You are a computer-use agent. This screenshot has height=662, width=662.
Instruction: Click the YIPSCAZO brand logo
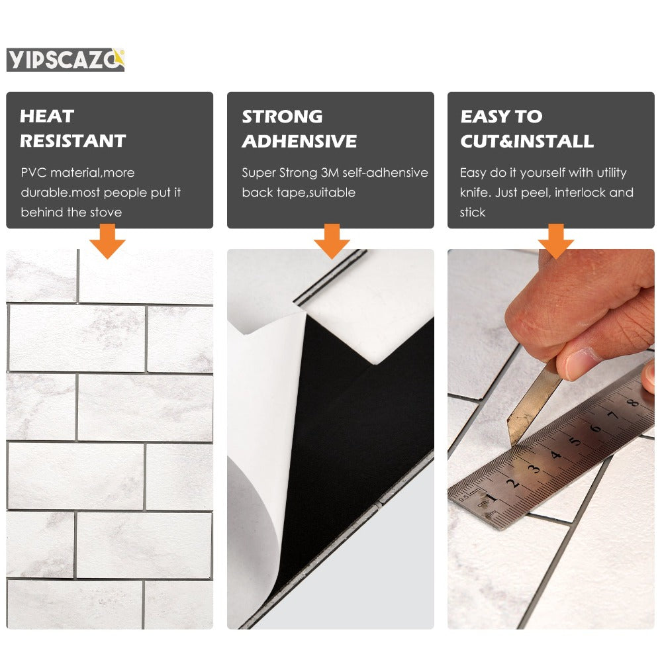click(65, 60)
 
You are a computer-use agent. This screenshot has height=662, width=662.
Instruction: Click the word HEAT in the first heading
click(46, 117)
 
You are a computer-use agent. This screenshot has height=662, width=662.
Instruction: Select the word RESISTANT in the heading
click(73, 141)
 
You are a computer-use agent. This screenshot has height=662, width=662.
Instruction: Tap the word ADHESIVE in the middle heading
click(299, 141)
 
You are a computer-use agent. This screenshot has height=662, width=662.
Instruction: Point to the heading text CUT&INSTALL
click(526, 141)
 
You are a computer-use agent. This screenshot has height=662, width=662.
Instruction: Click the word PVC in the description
click(34, 173)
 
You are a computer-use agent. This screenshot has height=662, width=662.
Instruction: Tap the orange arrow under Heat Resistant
click(108, 241)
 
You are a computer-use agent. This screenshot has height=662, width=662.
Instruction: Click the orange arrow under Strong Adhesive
click(331, 241)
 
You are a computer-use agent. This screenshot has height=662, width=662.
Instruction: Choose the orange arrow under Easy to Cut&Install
click(555, 241)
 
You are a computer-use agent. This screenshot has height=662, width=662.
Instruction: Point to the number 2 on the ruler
click(513, 483)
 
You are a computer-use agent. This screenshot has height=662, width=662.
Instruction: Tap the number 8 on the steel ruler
click(633, 403)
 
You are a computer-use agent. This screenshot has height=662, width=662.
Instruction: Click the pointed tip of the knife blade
click(510, 442)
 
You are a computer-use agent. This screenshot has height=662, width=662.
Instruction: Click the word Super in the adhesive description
click(257, 173)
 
